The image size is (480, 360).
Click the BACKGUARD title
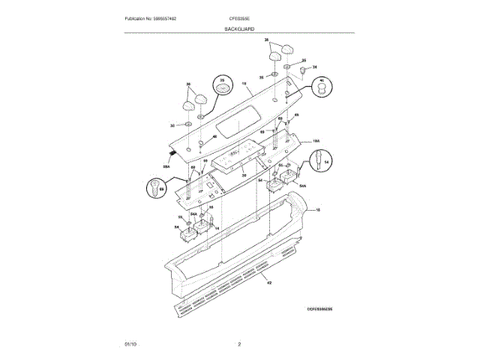pyautogui.click(x=239, y=28)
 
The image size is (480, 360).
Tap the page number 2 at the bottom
pyautogui.click(x=239, y=344)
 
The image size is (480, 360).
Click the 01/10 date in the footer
pyautogui.click(x=130, y=344)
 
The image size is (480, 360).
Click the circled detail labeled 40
pyautogui.click(x=321, y=88)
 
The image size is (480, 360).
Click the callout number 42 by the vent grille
pyautogui.click(x=268, y=282)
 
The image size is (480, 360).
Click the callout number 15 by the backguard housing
pyautogui.click(x=317, y=211)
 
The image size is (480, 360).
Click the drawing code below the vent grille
pyautogui.click(x=319, y=308)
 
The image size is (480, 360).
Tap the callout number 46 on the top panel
pyautogui.click(x=214, y=136)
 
